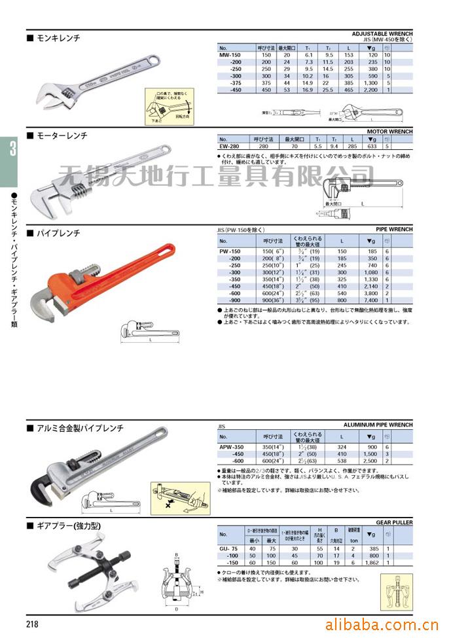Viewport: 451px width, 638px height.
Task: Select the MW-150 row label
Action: coord(230,56)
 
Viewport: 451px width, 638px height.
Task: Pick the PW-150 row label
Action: coord(230,251)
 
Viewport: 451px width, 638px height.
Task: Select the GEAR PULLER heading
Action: coord(394,523)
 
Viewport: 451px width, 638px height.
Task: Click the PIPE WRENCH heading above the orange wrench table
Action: coord(394,230)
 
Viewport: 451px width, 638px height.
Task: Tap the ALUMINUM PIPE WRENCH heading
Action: coord(378,425)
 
